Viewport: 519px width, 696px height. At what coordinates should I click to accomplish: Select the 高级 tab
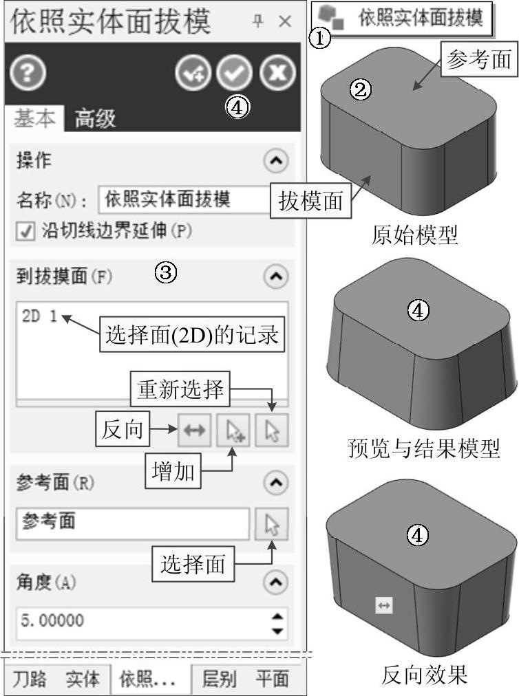click(x=95, y=118)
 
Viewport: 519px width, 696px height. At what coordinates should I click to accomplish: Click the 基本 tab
click(x=34, y=118)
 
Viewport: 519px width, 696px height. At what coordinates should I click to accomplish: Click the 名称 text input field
click(x=182, y=200)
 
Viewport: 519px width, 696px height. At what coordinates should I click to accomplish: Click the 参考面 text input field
click(x=132, y=524)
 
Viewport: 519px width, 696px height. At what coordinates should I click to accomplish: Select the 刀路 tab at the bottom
click(x=30, y=679)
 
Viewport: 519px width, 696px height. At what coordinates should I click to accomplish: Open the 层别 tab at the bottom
click(x=219, y=679)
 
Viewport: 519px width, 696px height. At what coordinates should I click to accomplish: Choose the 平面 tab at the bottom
click(x=272, y=679)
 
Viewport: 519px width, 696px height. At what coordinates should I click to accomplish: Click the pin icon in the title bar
click(x=257, y=21)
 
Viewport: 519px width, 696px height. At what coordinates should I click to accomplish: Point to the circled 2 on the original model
click(x=361, y=88)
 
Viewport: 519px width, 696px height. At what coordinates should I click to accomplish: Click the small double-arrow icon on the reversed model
click(x=383, y=605)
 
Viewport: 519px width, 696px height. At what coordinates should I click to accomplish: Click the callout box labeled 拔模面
click(x=310, y=202)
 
